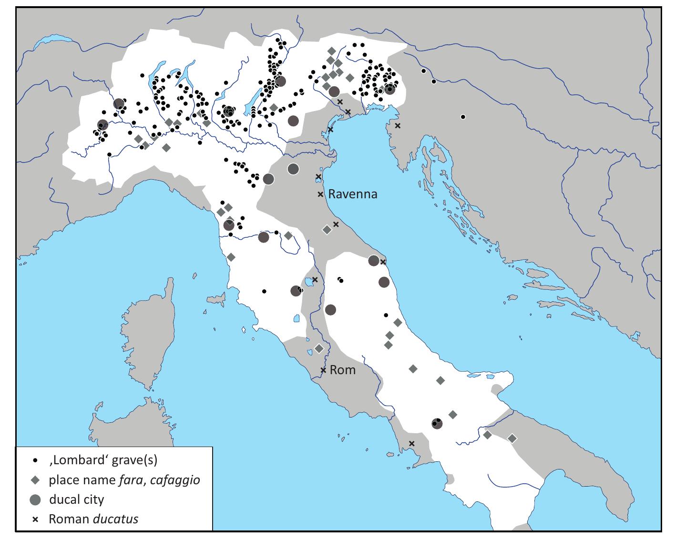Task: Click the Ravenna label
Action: (353, 194)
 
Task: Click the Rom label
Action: (343, 370)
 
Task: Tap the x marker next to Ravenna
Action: (321, 194)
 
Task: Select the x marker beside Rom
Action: (323, 370)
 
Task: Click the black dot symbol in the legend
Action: (35, 461)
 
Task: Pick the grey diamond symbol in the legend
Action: (35, 480)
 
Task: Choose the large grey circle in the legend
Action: (35, 499)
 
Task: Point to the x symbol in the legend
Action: (35, 519)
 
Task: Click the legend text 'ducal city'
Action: (76, 499)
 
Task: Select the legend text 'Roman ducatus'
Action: (93, 519)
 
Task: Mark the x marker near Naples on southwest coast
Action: (412, 444)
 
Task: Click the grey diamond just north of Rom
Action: (319, 349)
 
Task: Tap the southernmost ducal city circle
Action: (437, 423)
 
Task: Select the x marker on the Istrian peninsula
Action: (398, 126)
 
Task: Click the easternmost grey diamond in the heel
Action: (512, 438)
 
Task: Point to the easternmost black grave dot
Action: (463, 117)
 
